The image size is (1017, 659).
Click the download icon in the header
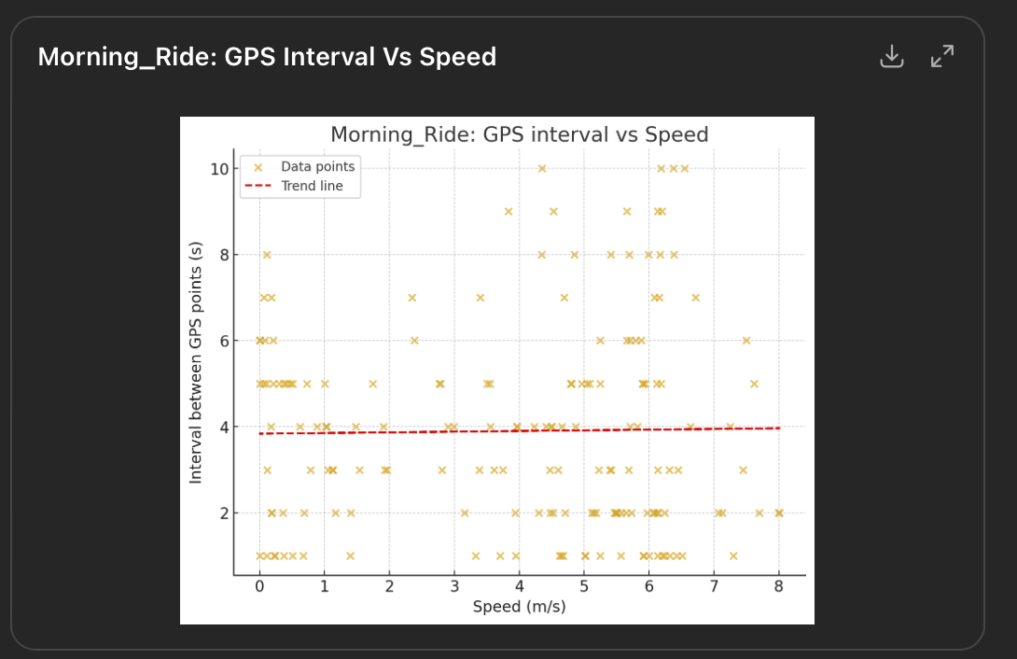(x=892, y=57)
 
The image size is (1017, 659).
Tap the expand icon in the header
(x=942, y=57)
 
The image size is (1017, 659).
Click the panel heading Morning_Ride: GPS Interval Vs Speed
(x=267, y=57)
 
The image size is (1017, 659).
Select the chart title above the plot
(x=520, y=134)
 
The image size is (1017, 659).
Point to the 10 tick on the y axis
(x=219, y=169)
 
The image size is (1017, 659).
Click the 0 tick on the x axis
(x=259, y=586)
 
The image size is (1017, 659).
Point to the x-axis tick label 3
(x=454, y=586)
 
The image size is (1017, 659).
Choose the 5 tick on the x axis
(x=584, y=586)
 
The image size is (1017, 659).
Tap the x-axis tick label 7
(x=714, y=586)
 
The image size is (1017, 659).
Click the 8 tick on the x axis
(x=778, y=586)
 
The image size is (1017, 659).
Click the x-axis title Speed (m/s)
(x=519, y=607)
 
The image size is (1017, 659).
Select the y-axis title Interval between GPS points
(x=196, y=362)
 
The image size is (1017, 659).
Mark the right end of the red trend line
(x=778, y=428)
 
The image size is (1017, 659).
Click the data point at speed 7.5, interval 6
(x=746, y=341)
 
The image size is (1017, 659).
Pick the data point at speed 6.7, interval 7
(x=695, y=298)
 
